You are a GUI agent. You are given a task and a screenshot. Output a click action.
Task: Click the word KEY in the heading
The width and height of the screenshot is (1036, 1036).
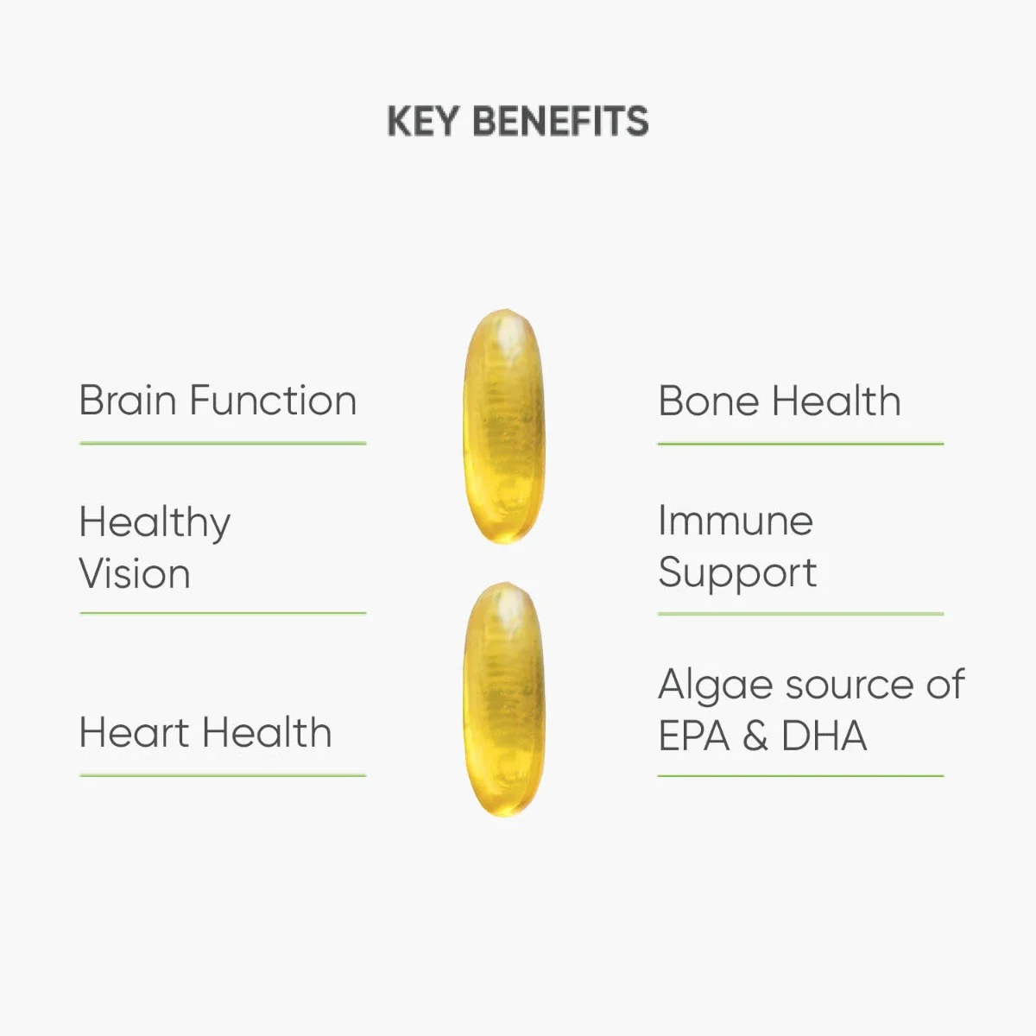click(x=423, y=121)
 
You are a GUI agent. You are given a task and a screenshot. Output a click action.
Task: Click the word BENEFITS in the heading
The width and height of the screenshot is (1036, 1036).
click(x=561, y=121)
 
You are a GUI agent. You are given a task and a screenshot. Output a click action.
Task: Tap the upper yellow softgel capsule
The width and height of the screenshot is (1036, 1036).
click(x=503, y=426)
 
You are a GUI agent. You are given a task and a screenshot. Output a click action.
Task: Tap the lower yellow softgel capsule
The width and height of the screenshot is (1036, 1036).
click(x=503, y=700)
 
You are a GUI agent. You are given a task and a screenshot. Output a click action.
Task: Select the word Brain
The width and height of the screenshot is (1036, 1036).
click(x=128, y=400)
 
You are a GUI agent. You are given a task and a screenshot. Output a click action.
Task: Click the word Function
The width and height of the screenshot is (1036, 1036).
click(x=273, y=400)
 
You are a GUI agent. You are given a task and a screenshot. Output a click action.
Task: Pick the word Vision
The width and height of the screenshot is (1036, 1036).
click(x=135, y=573)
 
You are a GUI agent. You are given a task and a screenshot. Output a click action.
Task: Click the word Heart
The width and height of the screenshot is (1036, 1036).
click(x=135, y=732)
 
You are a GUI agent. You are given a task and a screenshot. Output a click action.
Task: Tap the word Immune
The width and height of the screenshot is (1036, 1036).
click(x=736, y=520)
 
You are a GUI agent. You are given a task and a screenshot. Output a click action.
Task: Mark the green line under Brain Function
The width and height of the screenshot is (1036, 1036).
click(x=223, y=444)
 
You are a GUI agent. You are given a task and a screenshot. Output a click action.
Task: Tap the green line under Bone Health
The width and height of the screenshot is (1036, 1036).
click(x=800, y=444)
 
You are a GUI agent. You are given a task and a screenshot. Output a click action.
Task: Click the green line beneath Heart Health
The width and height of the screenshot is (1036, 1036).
click(x=223, y=775)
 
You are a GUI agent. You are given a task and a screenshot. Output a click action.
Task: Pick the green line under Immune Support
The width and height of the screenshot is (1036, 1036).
click(x=800, y=614)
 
